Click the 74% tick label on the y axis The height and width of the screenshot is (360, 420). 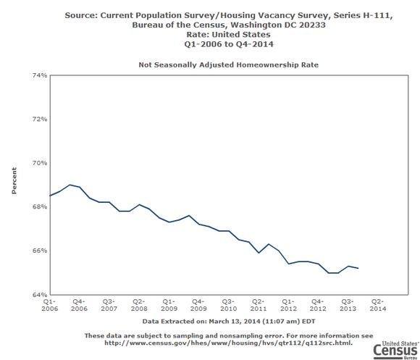click(x=40, y=75)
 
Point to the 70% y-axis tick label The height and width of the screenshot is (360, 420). click(x=40, y=163)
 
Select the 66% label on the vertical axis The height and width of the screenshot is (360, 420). click(x=40, y=251)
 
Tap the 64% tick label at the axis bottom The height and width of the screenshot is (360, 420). click(x=40, y=295)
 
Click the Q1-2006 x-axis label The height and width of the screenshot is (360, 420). click(x=49, y=305)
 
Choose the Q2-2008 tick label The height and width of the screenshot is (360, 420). click(x=139, y=305)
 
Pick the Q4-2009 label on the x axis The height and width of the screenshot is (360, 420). click(x=198, y=305)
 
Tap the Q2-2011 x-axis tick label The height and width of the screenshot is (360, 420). click(x=259, y=305)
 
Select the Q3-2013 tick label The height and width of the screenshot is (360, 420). click(x=348, y=305)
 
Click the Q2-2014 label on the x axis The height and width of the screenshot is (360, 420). click(x=378, y=305)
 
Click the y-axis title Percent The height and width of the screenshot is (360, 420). click(x=14, y=180)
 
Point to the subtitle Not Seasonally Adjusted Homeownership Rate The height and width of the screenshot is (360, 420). click(x=229, y=64)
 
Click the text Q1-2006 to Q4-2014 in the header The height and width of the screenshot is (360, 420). click(x=229, y=44)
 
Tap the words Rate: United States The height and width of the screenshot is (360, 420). click(x=229, y=35)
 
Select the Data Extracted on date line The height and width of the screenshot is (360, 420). click(x=229, y=322)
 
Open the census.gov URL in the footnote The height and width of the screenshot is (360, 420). click(x=228, y=343)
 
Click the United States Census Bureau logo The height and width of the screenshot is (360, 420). click(x=396, y=350)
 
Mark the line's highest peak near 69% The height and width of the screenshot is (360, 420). click(x=70, y=185)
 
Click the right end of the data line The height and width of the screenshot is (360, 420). click(x=358, y=268)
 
